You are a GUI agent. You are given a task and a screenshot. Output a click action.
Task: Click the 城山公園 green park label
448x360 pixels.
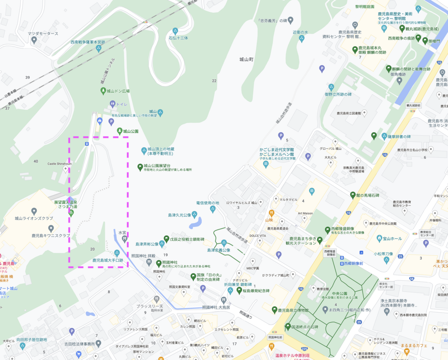(131, 131)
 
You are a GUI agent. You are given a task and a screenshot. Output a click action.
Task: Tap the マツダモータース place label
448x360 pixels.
(43, 34)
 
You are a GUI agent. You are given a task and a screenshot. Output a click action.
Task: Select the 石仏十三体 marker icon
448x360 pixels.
(175, 31)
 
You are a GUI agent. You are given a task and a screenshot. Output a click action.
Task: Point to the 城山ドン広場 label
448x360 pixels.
(118, 91)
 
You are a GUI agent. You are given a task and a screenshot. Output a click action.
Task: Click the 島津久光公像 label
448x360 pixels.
(180, 215)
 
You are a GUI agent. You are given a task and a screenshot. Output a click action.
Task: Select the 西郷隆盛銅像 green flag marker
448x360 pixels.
(320, 240)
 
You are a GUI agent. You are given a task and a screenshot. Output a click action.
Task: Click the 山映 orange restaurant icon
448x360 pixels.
(271, 213)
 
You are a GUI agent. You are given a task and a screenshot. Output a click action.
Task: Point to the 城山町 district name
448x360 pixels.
(246, 59)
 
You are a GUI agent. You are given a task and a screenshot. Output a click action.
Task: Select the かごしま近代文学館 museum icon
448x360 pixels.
(266, 164)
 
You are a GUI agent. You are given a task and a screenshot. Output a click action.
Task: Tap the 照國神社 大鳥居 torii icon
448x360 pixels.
(223, 300)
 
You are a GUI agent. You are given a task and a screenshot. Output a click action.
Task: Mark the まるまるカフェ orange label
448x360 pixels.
(414, 346)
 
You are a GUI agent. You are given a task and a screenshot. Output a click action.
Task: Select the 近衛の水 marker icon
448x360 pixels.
(301, 38)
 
